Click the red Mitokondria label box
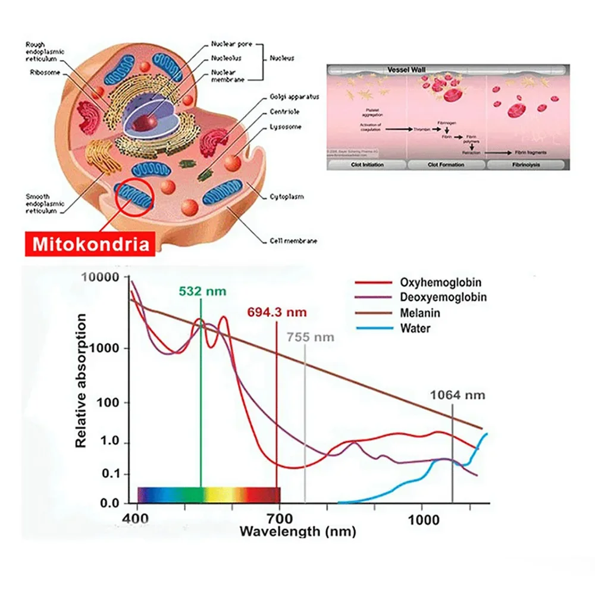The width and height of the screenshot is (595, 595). (91, 244)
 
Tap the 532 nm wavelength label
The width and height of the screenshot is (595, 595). (202, 291)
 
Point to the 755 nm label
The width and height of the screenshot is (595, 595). (310, 337)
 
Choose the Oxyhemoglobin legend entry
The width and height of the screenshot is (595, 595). (441, 283)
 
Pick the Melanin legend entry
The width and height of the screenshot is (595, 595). (421, 312)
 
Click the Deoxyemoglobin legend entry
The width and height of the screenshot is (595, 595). (443, 297)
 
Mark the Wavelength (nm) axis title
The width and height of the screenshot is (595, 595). (297, 531)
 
